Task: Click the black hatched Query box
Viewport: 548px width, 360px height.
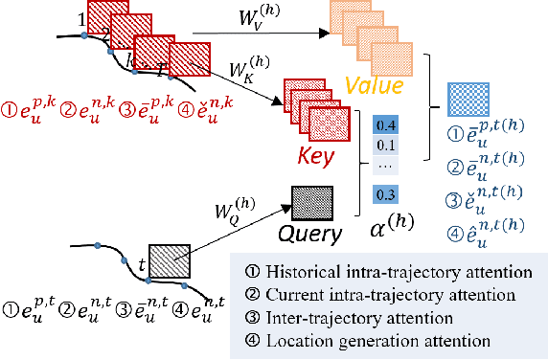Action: point(311,202)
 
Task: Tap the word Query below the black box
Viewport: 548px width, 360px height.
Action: point(311,235)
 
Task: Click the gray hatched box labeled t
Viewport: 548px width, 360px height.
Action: point(171,258)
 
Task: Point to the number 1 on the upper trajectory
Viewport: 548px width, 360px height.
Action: point(81,19)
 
